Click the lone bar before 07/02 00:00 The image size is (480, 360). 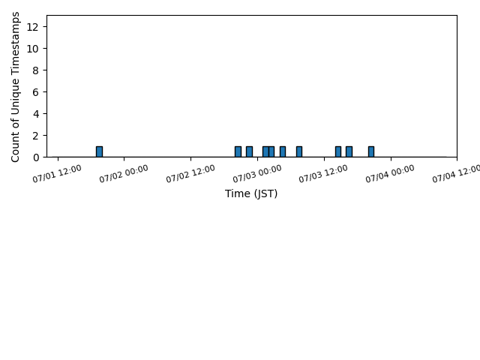99,151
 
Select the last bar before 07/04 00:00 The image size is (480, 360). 371,151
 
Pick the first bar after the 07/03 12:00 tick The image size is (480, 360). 338,151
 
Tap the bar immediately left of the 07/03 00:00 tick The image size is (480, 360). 249,151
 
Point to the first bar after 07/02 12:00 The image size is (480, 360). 238,151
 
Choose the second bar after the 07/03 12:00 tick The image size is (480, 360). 349,151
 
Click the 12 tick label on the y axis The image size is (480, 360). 32,27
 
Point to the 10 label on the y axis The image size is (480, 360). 32,49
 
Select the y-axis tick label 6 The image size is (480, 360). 36,92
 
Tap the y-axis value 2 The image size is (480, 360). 36,136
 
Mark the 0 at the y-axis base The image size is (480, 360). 36,157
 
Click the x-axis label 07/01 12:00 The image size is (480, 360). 57,173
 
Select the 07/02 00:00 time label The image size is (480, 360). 124,173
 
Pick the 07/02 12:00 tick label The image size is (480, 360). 190,173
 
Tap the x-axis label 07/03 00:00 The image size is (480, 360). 256,173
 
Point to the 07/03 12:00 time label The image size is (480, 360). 323,173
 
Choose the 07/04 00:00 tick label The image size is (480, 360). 390,173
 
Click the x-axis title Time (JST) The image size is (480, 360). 251,193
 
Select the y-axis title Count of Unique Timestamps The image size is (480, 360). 15,87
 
